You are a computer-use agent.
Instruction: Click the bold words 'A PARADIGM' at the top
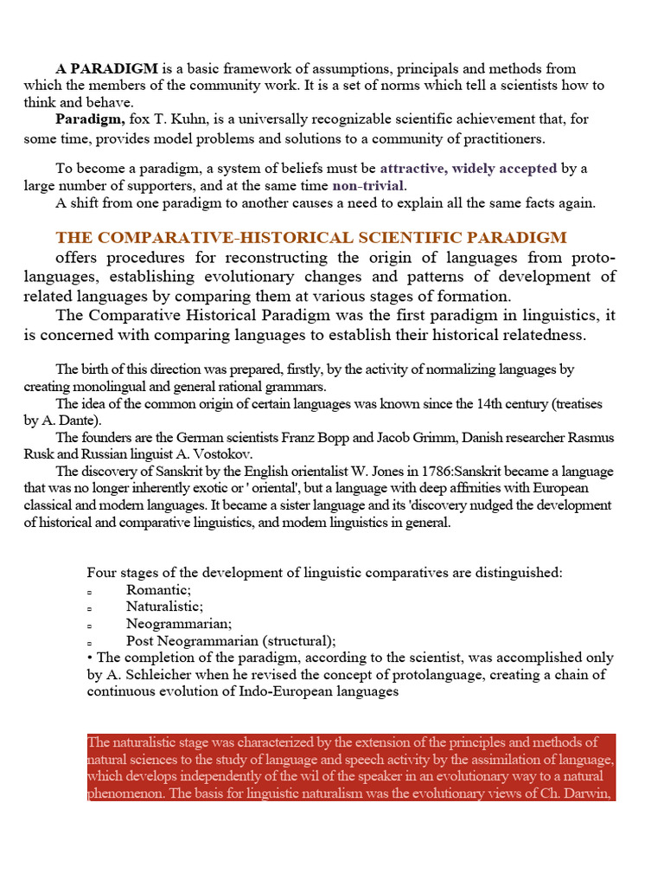point(106,68)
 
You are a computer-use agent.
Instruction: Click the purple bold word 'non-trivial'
point(368,185)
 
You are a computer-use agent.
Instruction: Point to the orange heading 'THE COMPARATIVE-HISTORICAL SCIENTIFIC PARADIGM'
point(311,237)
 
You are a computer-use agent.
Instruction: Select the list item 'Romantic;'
point(158,589)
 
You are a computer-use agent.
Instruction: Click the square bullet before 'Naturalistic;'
point(90,608)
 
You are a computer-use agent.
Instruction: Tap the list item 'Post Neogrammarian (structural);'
point(230,640)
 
